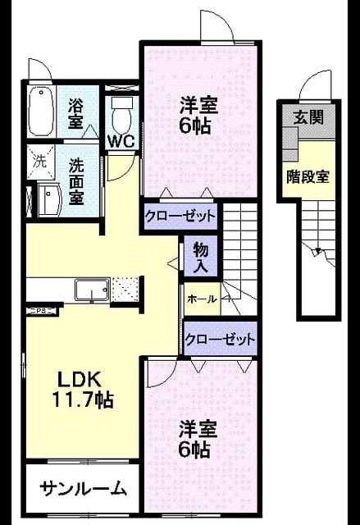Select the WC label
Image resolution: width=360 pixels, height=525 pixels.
point(121,142)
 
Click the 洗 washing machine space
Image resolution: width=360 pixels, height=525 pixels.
point(40,162)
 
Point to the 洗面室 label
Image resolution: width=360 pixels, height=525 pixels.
point(76,181)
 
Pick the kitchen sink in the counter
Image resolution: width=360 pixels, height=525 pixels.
point(92,290)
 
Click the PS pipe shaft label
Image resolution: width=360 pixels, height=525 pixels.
point(41,311)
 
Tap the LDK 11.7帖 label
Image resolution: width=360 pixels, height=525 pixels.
point(82,390)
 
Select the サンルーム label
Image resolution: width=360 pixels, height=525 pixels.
point(84,490)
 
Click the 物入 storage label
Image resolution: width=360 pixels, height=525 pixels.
point(201,258)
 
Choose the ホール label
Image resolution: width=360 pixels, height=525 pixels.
point(202,299)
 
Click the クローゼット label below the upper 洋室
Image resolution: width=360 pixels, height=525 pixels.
point(180,216)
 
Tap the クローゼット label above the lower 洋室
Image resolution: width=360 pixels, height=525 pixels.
point(220,340)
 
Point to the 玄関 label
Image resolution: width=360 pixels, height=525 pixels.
point(308,117)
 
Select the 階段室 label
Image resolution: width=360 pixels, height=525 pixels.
point(308,176)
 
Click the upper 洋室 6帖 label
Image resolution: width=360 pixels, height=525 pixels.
point(198,115)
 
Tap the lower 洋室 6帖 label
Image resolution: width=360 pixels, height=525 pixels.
point(198,439)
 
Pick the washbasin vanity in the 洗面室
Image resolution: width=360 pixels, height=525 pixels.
point(50,199)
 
